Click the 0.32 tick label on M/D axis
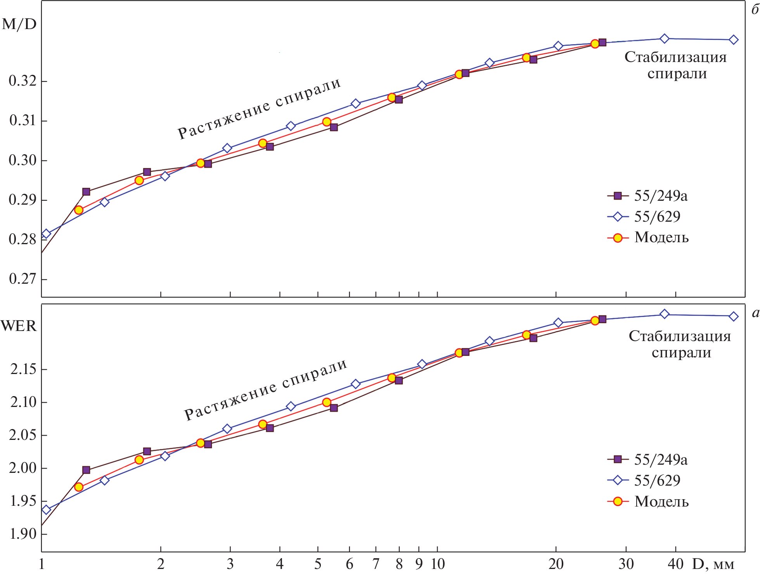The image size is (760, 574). [x=23, y=81]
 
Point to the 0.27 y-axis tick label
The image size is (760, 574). [x=23, y=279]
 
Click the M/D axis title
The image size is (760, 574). [x=19, y=24]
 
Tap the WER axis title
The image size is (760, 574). [x=19, y=326]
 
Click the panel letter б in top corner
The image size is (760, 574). [x=755, y=10]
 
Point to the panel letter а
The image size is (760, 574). [x=755, y=313]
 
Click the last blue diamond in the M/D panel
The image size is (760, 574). [x=733, y=40]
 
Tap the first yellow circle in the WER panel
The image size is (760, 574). [x=79, y=487]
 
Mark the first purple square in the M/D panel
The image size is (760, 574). [x=86, y=192]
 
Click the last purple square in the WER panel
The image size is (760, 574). [x=602, y=319]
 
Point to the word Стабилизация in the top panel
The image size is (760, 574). [x=675, y=57]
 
